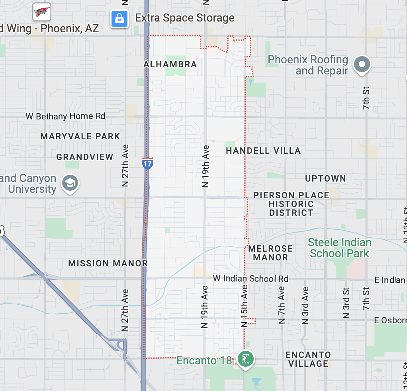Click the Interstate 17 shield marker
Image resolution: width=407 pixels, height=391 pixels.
pyautogui.click(x=147, y=162)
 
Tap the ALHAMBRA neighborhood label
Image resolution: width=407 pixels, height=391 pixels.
pyautogui.click(x=170, y=65)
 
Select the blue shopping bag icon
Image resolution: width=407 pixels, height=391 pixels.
pyautogui.click(x=119, y=18)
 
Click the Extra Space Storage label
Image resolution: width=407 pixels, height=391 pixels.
pyautogui.click(x=185, y=18)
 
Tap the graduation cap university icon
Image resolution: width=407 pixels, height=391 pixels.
pyautogui.click(x=70, y=184)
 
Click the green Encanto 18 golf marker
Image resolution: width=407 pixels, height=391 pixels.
pyautogui.click(x=246, y=359)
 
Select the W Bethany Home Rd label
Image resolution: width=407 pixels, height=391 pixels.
pyautogui.click(x=65, y=116)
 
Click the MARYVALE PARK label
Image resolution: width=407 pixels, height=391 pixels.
pyautogui.click(x=80, y=137)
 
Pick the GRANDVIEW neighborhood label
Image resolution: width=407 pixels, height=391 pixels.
pyautogui.click(x=85, y=157)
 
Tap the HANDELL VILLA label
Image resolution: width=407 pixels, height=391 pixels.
pyautogui.click(x=263, y=151)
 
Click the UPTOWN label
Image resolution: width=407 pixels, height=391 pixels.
pyautogui.click(x=325, y=179)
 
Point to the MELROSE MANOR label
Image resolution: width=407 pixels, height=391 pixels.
pyautogui.click(x=270, y=253)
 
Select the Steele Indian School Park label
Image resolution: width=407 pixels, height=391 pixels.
pyautogui.click(x=339, y=248)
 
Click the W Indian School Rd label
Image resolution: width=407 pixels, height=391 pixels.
pyautogui.click(x=250, y=279)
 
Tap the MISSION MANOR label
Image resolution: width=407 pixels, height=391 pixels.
pyautogui.click(x=108, y=264)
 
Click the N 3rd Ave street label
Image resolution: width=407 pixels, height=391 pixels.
pyautogui.click(x=305, y=305)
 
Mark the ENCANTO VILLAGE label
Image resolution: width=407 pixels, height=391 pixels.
pyautogui.click(x=308, y=359)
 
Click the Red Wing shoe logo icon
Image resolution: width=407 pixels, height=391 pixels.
pyautogui.click(x=41, y=12)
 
